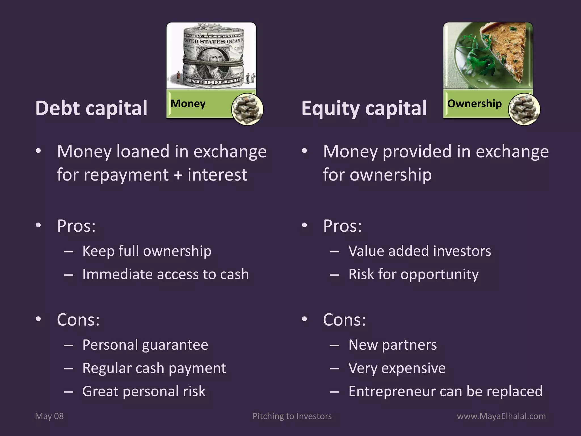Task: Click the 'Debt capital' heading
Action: (x=91, y=108)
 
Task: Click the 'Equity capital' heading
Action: (x=364, y=108)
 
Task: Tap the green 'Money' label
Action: (x=188, y=104)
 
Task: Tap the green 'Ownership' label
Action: (x=474, y=104)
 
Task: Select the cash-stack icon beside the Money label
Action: (x=247, y=109)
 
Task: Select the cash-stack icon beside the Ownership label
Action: (x=524, y=109)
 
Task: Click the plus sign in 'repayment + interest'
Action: (x=178, y=175)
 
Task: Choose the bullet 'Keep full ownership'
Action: (x=147, y=251)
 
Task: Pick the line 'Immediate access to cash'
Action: (x=165, y=274)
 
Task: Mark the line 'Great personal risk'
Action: (x=144, y=391)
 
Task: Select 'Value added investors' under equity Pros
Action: (x=420, y=251)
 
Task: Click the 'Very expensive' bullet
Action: (x=397, y=368)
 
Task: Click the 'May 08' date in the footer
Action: (x=49, y=416)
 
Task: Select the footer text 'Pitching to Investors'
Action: (x=292, y=416)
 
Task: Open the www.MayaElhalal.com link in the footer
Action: (x=501, y=416)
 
